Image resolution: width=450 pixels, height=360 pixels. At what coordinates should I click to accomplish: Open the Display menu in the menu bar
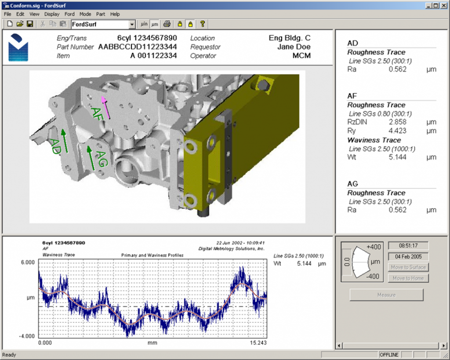click(52, 14)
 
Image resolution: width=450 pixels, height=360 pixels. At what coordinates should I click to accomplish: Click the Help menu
click(115, 14)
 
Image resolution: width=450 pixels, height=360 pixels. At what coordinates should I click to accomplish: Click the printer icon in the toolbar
click(167, 24)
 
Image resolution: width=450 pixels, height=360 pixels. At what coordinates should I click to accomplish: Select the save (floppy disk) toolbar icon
click(30, 24)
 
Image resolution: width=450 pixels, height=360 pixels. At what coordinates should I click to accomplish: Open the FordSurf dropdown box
click(132, 24)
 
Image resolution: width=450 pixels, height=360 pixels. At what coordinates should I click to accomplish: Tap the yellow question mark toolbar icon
click(202, 24)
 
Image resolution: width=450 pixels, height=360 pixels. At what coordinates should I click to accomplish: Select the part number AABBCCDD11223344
click(138, 47)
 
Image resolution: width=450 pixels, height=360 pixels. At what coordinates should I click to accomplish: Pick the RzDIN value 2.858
click(398, 122)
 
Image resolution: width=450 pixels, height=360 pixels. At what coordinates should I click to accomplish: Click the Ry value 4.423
click(398, 131)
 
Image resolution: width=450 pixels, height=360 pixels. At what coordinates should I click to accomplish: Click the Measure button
click(386, 295)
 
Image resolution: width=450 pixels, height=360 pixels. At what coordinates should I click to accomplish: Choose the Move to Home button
click(408, 278)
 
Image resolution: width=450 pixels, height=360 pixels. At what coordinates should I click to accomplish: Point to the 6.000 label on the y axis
click(27, 262)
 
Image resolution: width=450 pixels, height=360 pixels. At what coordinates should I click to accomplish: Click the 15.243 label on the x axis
click(257, 342)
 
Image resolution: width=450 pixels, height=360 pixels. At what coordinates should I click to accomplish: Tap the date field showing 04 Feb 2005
click(408, 256)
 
